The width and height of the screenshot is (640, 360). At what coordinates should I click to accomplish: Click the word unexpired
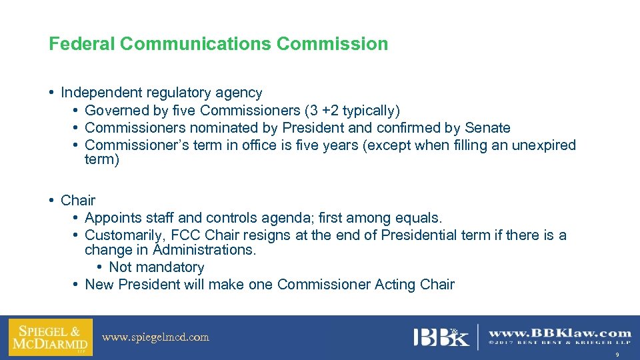pyautogui.click(x=544, y=145)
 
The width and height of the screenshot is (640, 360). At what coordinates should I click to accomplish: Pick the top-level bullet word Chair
pyautogui.click(x=78, y=200)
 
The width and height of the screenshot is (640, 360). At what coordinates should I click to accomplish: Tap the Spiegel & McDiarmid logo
pyautogui.click(x=50, y=337)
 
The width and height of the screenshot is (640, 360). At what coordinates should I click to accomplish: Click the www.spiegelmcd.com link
pyautogui.click(x=155, y=337)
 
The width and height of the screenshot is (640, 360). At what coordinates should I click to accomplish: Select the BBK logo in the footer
pyautogui.click(x=441, y=337)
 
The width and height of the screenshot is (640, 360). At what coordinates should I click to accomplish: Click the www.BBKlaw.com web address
pyautogui.click(x=560, y=333)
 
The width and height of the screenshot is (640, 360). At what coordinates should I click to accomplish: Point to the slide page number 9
pyautogui.click(x=617, y=355)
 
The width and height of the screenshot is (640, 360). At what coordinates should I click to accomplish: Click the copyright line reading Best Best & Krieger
pyautogui.click(x=560, y=344)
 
